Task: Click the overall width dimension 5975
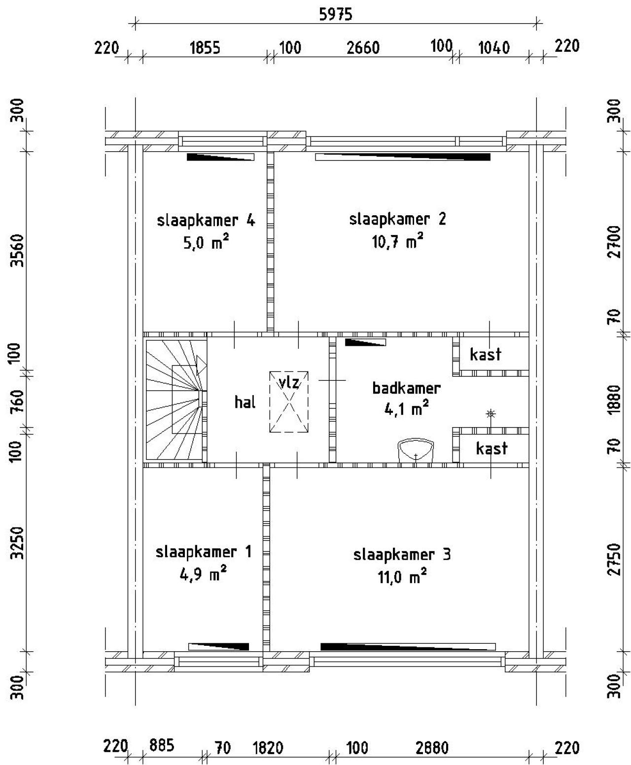336,15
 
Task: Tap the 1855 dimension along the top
205,48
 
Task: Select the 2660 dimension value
363,48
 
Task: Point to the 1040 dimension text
494,48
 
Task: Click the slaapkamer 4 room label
206,221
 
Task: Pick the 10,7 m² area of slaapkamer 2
397,241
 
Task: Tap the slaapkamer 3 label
402,555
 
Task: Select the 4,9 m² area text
203,574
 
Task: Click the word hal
245,402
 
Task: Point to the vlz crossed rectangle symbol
288,402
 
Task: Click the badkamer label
406,388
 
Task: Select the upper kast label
486,354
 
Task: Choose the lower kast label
491,448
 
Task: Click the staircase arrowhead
201,365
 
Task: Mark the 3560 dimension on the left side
17,251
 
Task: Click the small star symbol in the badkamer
491,414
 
